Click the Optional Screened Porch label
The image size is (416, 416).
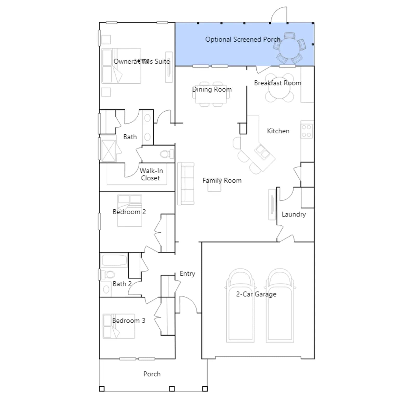[x=243, y=39]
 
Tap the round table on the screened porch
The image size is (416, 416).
[x=289, y=48]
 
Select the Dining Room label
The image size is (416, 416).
[x=212, y=89]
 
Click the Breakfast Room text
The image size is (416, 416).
[x=278, y=83]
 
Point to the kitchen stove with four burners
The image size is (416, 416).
[x=307, y=131]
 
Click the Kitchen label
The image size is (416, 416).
[x=278, y=131]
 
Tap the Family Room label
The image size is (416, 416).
[x=222, y=180]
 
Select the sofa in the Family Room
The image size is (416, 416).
[x=186, y=184]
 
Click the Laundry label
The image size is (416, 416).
[x=294, y=214]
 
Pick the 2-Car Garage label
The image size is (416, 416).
[x=256, y=294]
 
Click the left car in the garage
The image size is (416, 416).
[x=240, y=305]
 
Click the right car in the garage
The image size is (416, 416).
[x=280, y=305]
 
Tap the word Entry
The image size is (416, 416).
[x=187, y=274]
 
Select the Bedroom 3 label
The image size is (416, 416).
[x=129, y=321]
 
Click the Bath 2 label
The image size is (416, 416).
[x=122, y=284]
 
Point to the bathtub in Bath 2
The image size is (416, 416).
[x=114, y=260]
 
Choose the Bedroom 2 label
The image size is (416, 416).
[x=129, y=212]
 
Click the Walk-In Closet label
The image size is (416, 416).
[x=151, y=174]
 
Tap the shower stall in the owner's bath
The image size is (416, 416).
[x=108, y=151]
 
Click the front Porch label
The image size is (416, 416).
[x=152, y=374]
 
